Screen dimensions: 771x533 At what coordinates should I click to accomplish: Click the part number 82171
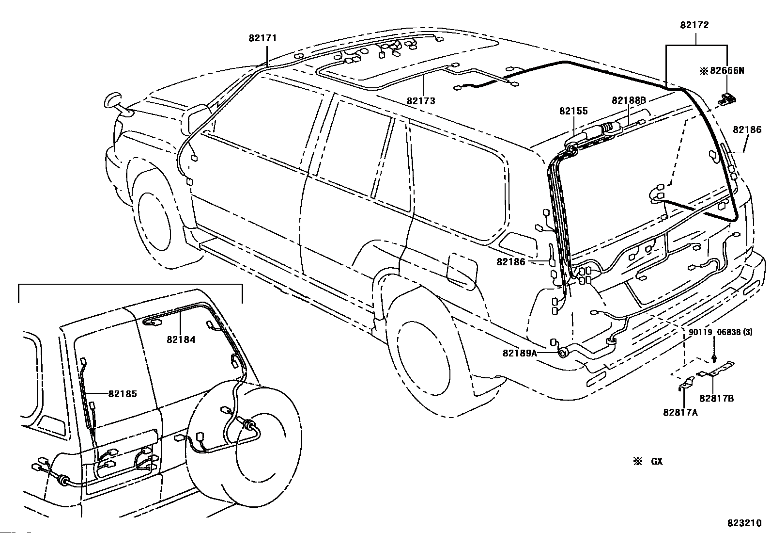point(262,38)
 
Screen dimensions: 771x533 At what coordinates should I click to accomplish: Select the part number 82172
point(694,25)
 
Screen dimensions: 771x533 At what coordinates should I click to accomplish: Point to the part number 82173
point(421,101)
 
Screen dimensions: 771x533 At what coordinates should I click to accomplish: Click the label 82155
point(573,111)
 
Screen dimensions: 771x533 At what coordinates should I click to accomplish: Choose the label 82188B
point(629,100)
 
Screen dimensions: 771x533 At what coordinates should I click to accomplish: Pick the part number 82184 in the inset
point(181,339)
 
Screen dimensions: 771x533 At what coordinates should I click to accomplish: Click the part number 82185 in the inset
point(123,394)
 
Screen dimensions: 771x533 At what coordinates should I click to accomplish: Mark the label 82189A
point(520,354)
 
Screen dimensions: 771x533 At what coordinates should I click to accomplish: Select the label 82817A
point(680,412)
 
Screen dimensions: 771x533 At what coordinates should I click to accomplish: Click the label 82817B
point(717,399)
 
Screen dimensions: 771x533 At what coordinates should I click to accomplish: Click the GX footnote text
point(657,461)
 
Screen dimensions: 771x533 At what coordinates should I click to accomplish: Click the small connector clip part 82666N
point(727,99)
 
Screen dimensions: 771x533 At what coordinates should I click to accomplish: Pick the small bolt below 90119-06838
point(714,358)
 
